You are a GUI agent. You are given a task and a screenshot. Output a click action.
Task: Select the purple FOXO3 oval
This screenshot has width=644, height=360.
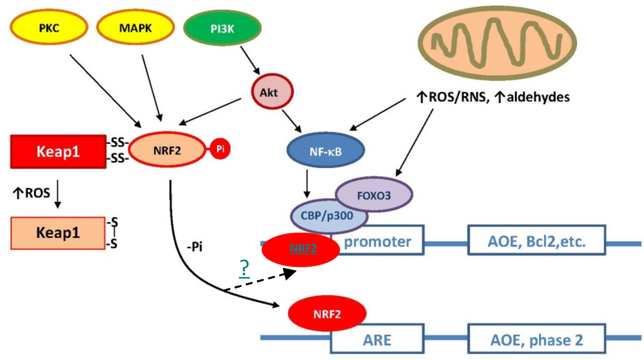coord(375,194)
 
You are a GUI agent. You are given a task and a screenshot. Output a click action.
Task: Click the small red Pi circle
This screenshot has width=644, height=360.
coord(220,149)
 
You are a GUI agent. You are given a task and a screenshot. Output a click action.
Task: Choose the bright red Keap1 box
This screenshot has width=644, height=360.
coord(58,152)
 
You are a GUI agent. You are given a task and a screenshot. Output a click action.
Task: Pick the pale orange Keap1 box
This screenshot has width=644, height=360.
coord(58,232)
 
